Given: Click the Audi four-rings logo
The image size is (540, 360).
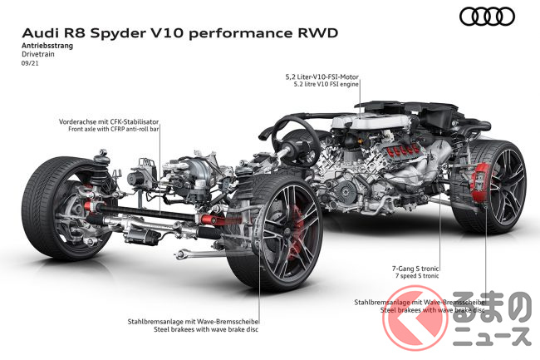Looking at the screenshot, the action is point(487,16).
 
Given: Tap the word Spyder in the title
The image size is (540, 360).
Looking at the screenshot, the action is point(118,33).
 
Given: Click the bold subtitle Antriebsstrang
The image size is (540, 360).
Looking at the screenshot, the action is point(47,46).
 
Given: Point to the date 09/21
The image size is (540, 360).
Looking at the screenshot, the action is point(30,63).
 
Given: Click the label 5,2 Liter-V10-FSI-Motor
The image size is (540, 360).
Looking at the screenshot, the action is point(322,76).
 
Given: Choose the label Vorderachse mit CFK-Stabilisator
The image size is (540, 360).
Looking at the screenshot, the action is point(109,121).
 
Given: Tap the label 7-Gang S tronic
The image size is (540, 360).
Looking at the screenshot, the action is point(415,269).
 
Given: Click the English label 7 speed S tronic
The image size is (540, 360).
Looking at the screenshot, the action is point(417,276).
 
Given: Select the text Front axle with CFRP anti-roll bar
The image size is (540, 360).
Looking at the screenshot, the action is point(113,129).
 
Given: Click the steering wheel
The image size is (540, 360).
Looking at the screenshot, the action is point(295,141).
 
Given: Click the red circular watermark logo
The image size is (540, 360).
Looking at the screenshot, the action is point(415,318).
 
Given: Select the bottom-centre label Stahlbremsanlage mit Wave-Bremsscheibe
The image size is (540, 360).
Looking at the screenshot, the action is point(193,322).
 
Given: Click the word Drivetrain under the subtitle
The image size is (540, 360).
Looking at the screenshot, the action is point(38,54).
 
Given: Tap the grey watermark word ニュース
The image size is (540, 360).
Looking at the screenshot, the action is point(492,336).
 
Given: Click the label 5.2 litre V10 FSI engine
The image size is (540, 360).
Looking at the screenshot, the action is point(326,84).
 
